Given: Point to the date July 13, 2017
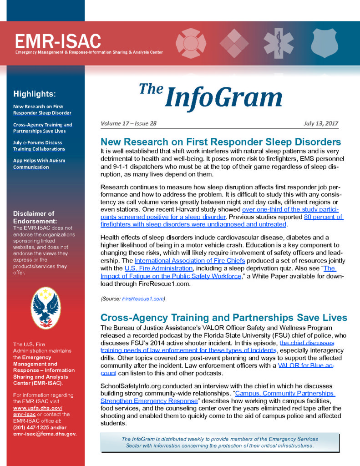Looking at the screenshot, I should (x=320, y=123).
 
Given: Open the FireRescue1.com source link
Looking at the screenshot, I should (x=143, y=299).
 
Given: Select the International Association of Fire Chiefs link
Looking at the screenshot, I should (x=190, y=260).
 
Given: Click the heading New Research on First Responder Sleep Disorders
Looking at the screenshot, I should (x=221, y=142).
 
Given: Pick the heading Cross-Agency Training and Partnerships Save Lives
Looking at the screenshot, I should (x=223, y=318).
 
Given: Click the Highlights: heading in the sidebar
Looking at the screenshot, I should (x=35, y=94).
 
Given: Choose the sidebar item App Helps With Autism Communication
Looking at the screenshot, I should (x=39, y=163).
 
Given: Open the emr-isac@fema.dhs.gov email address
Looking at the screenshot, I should (x=45, y=434).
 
